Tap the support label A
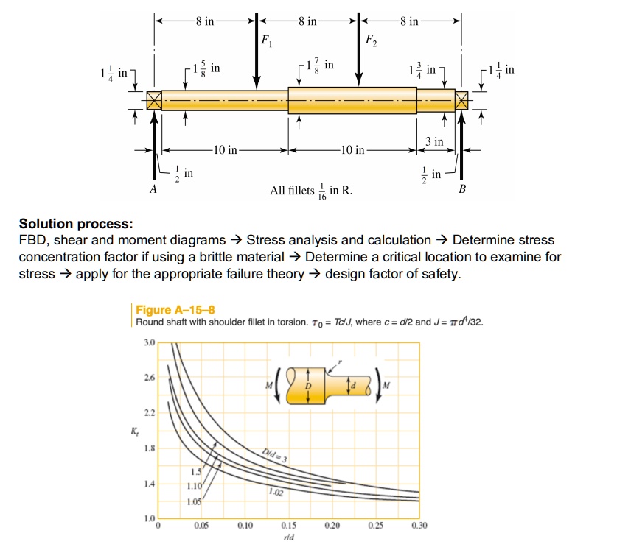[x=153, y=189]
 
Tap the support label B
[x=462, y=189]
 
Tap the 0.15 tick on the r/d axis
[x=288, y=526]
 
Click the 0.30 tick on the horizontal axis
[x=419, y=526]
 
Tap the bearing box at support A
[x=153, y=101]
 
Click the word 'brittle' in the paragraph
[x=254, y=258]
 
